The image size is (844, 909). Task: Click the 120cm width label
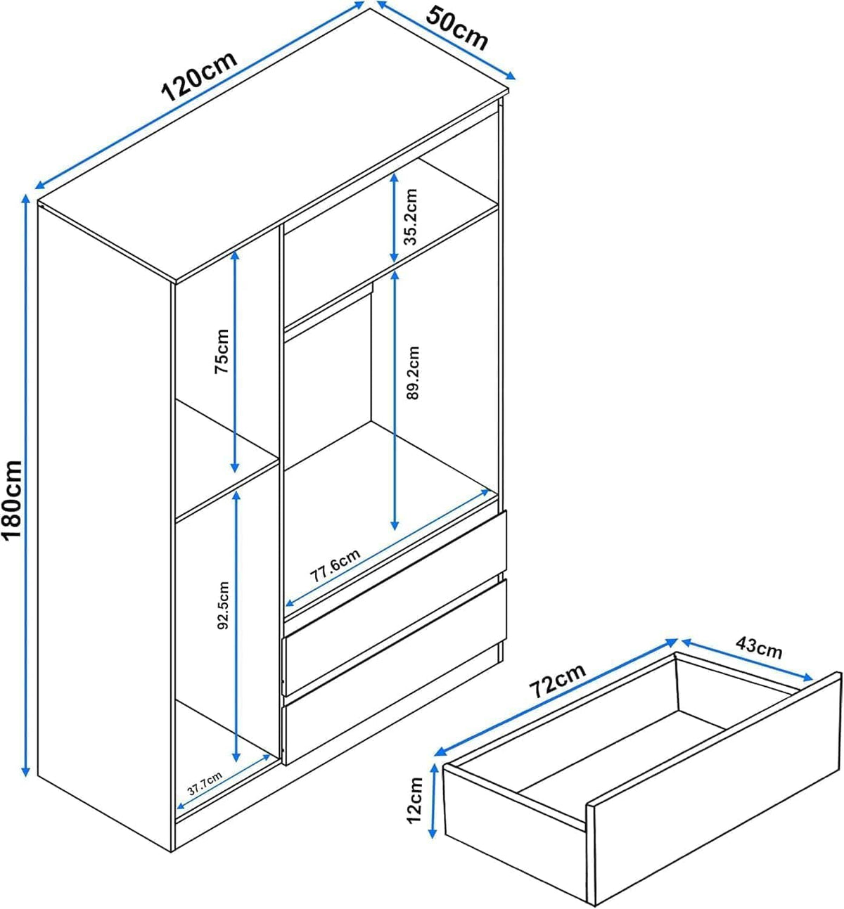pyautogui.click(x=200, y=77)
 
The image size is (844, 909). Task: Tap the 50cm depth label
pyautogui.click(x=456, y=28)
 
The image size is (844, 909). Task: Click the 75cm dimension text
pyautogui.click(x=222, y=351)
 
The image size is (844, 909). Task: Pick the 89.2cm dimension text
pyautogui.click(x=413, y=373)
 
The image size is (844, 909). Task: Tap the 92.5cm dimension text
pyautogui.click(x=223, y=605)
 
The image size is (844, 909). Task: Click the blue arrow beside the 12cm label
pyautogui.click(x=433, y=801)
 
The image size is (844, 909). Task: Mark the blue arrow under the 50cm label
pyautogui.click(x=446, y=40)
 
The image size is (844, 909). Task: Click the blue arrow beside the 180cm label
pyautogui.click(x=26, y=486)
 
